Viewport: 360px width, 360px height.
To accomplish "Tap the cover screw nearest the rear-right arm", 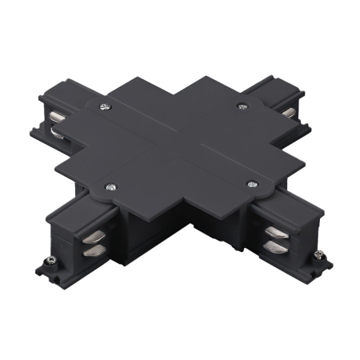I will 241,106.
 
